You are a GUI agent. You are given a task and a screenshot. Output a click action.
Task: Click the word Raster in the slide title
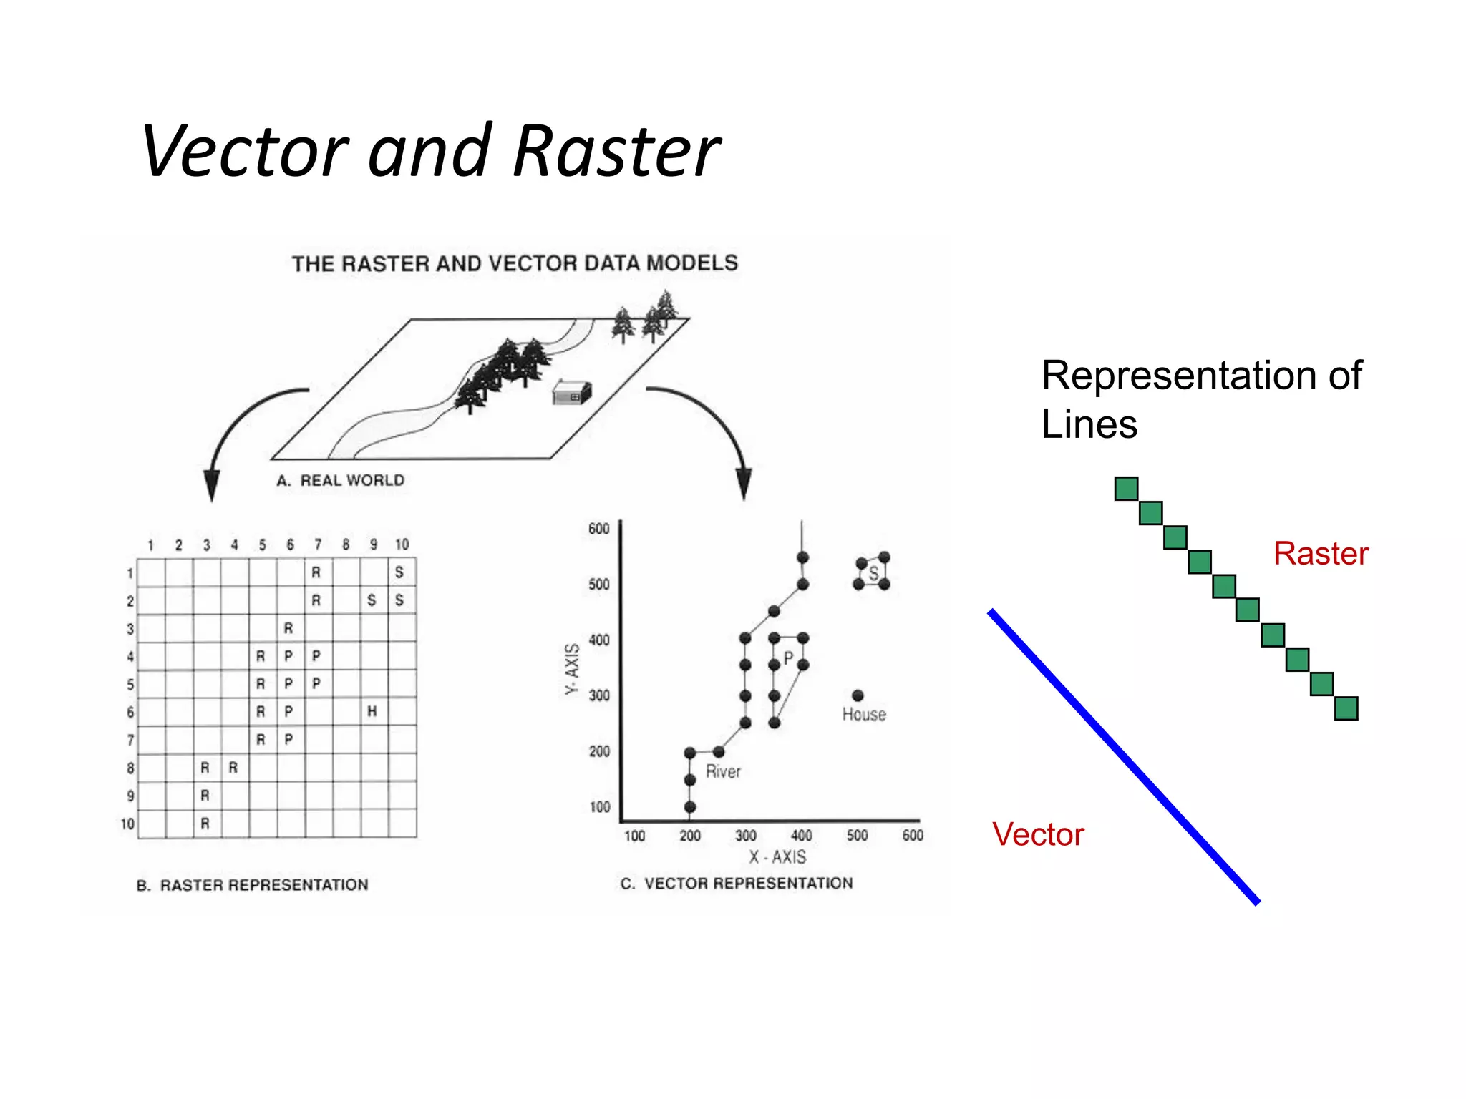coord(617,152)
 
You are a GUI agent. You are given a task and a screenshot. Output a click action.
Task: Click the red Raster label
coord(1321,554)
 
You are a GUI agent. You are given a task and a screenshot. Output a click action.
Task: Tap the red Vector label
coord(1038,835)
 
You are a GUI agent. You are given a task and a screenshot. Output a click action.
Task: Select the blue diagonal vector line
coord(1124,757)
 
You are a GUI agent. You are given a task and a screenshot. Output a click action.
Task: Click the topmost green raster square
coord(1126,489)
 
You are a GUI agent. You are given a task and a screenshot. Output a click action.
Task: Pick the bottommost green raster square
coord(1346,708)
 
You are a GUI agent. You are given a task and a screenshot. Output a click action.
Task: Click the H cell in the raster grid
coord(372,711)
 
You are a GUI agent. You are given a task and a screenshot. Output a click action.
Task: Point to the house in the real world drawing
coord(572,393)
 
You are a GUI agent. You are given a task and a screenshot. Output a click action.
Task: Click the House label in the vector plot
coord(864,715)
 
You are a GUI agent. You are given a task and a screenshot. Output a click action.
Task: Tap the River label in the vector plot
coord(723,772)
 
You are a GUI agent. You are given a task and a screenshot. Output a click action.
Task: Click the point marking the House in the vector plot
coord(858,695)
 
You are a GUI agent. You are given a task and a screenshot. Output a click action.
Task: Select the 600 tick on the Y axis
coord(599,529)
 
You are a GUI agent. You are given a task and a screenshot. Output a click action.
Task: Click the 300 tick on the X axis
coord(746,836)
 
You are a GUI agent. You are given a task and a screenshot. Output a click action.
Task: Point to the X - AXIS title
coord(777,857)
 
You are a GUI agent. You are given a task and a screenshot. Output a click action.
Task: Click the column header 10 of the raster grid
coord(402,545)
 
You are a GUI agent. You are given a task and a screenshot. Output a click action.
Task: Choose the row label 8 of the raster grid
coord(130,768)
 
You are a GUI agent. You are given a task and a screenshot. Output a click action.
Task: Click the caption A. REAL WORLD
coord(341,480)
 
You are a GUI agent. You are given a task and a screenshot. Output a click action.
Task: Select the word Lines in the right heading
coord(1089,424)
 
